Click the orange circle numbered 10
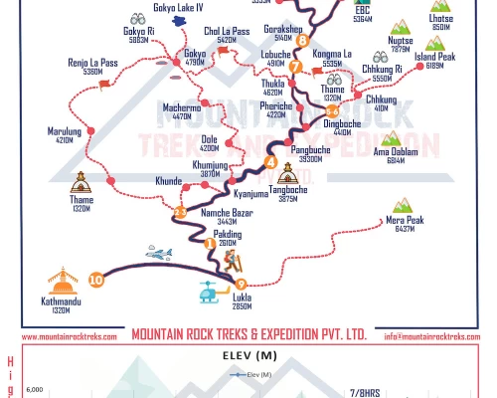click(x=95, y=280)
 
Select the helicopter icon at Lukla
click(x=211, y=292)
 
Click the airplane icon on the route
click(x=159, y=254)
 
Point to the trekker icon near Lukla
click(x=232, y=262)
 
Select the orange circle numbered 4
click(x=270, y=163)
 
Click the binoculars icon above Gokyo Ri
click(x=138, y=19)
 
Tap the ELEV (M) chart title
click(x=248, y=352)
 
